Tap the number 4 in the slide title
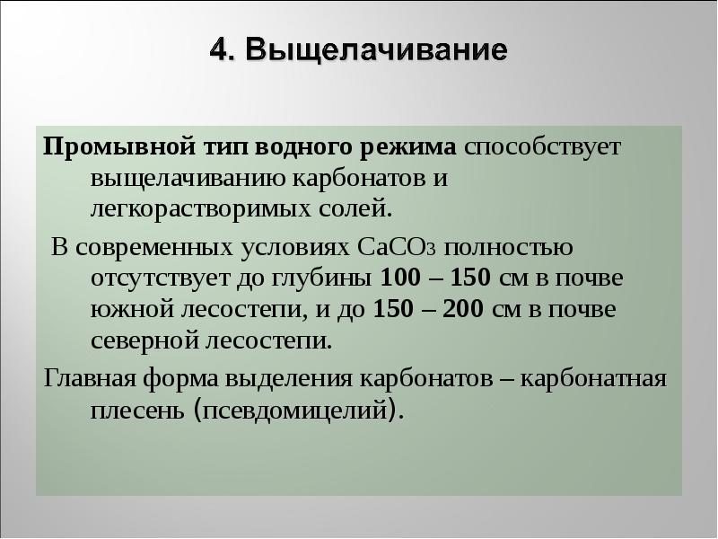coord(218,49)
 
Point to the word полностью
coord(511,244)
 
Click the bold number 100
coord(398,277)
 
